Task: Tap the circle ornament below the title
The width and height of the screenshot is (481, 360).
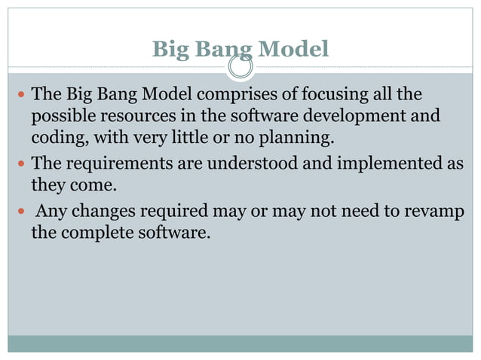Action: [x=240, y=69]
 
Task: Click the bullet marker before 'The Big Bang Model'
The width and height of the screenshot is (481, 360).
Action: [x=20, y=96]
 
